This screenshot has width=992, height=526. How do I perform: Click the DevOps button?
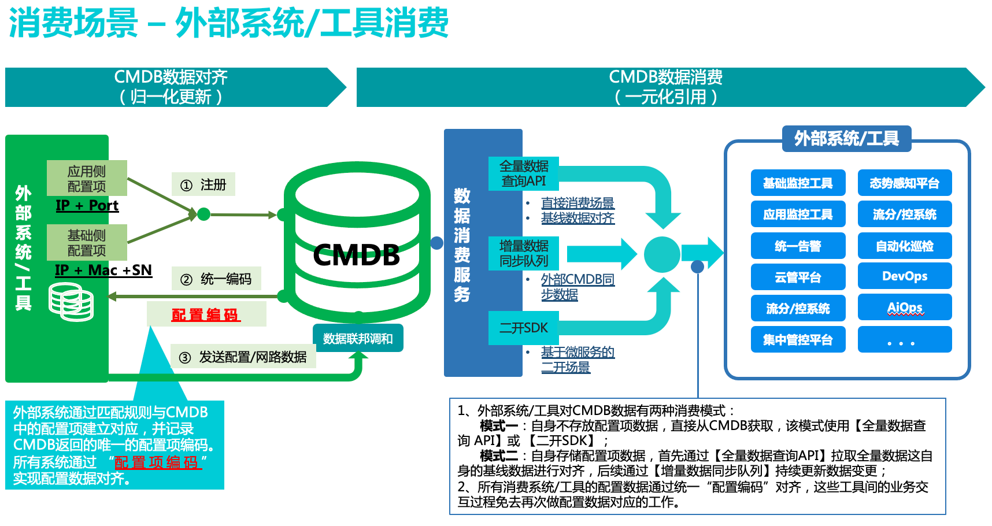[x=904, y=276]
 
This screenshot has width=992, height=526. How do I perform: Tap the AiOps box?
[x=904, y=308]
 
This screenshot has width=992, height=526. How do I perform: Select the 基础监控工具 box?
[x=798, y=183]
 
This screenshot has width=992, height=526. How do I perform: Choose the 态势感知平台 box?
[x=904, y=183]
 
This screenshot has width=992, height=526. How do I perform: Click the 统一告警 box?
[x=798, y=246]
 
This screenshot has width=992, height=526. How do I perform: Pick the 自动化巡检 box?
[x=904, y=246]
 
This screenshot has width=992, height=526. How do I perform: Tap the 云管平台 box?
[x=798, y=277]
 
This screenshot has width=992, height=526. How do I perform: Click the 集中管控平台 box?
[x=798, y=340]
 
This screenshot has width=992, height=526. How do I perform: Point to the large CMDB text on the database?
[x=356, y=255]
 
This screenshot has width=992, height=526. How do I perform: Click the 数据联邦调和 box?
[x=358, y=339]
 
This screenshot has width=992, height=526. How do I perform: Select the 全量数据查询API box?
[x=524, y=173]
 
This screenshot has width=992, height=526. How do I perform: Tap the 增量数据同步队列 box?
[x=524, y=253]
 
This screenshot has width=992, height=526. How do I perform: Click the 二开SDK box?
[x=524, y=328]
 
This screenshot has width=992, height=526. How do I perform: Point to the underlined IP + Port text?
[x=87, y=206]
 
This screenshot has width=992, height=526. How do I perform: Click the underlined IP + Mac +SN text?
[x=103, y=271]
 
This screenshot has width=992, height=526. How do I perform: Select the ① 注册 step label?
[x=203, y=185]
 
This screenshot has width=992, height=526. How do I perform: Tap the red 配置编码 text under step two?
[x=206, y=315]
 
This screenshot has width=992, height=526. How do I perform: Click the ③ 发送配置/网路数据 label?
[x=243, y=357]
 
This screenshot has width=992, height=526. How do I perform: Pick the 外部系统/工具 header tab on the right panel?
[x=846, y=139]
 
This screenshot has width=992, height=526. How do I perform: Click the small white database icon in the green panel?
[x=71, y=302]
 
